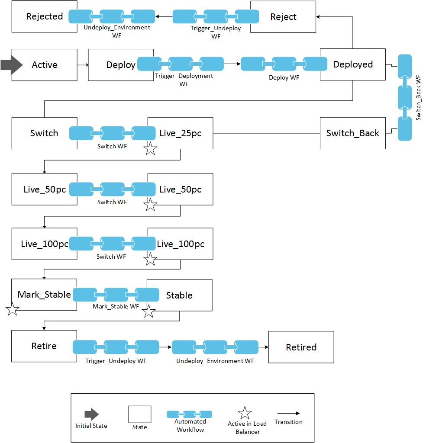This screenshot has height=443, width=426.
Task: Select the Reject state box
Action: [x=283, y=17]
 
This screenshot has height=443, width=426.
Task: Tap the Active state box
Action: [x=44, y=65]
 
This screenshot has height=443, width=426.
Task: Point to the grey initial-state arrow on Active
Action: [x=11, y=64]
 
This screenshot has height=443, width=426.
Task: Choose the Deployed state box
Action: [x=353, y=64]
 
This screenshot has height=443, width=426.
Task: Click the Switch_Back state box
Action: [x=352, y=133]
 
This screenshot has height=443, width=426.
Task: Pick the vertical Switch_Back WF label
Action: [x=418, y=98]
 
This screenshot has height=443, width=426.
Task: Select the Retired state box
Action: [x=301, y=347]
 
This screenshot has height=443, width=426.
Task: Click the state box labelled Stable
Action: [x=179, y=295]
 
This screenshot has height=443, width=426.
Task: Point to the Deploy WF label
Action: [x=284, y=78]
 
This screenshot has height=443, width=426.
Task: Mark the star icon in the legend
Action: [x=245, y=413]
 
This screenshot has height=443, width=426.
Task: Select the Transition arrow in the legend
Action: [x=288, y=414]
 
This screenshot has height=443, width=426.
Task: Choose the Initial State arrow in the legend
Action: [x=91, y=414]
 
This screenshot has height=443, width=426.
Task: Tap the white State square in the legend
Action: [x=139, y=414]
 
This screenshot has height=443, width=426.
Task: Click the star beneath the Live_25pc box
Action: [x=150, y=149]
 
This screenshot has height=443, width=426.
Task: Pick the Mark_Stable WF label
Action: [x=116, y=306]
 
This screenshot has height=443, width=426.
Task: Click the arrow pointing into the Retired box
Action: [x=263, y=347]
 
